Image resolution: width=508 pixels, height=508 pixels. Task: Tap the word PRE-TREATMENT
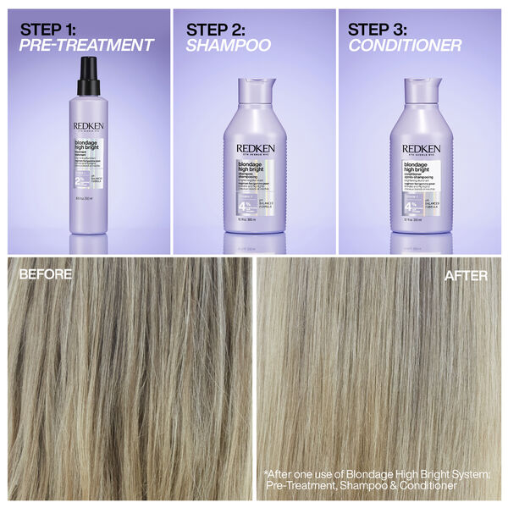[87, 45]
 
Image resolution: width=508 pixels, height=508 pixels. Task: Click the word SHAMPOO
[228, 45]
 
